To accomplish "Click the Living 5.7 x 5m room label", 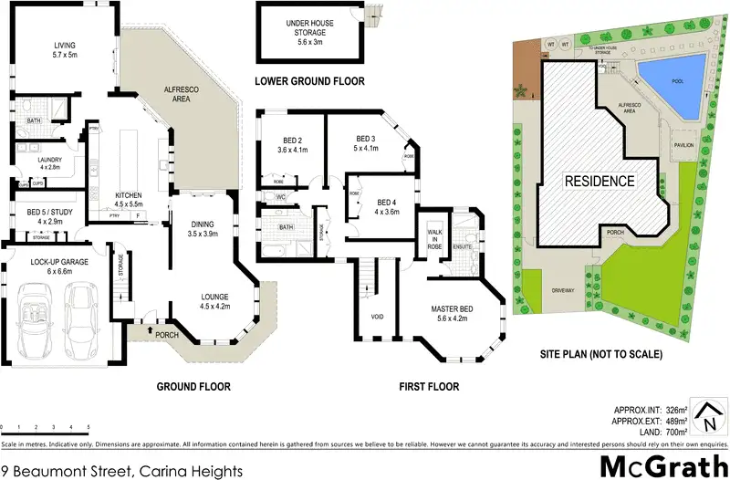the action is click(x=64, y=49).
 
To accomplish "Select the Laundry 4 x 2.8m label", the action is click(x=49, y=163).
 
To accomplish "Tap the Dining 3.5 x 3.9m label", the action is click(x=203, y=229).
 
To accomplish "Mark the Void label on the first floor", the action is click(x=378, y=317).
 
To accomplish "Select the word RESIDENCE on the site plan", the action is click(x=599, y=181).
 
